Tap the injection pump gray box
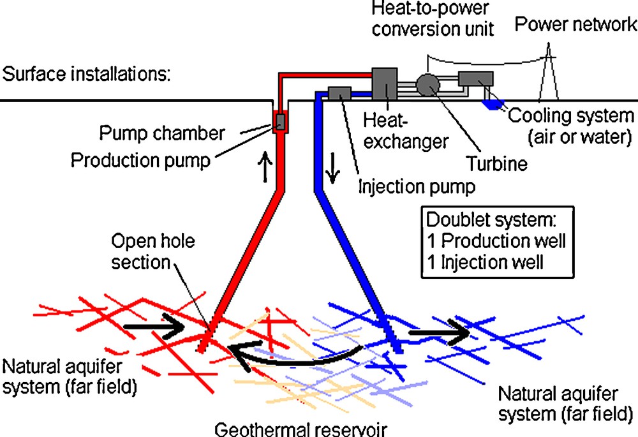(339, 94)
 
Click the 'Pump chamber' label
(162, 134)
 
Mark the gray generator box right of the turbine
(475, 79)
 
